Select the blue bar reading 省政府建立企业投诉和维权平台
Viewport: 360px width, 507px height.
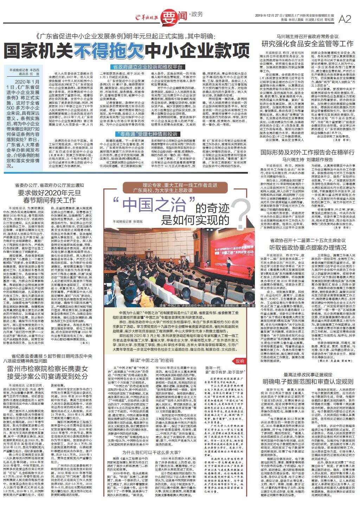(x=147, y=66)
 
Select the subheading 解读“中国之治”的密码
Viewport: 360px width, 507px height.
(x=152, y=361)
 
